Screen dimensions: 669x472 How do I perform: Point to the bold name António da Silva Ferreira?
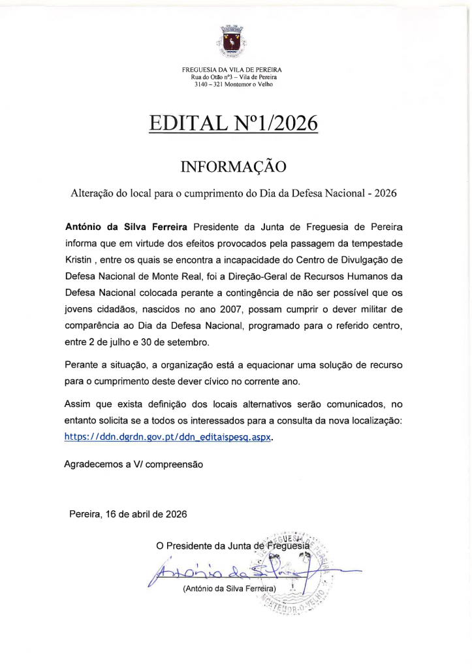127,227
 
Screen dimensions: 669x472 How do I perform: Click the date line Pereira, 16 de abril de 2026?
128,514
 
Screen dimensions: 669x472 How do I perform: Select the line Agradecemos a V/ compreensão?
134,465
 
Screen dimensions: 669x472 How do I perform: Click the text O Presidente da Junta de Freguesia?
232,546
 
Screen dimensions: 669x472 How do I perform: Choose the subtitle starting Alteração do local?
233,193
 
